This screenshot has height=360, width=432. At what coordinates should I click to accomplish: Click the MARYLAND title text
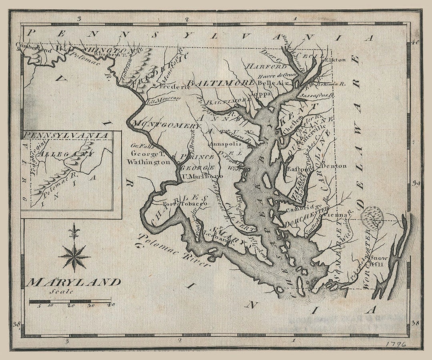pos(74,282)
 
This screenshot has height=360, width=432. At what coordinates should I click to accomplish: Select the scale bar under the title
pos(70,301)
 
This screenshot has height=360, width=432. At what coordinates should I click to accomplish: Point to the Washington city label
pos(149,162)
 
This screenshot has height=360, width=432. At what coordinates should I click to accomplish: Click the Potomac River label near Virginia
pos(174,250)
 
